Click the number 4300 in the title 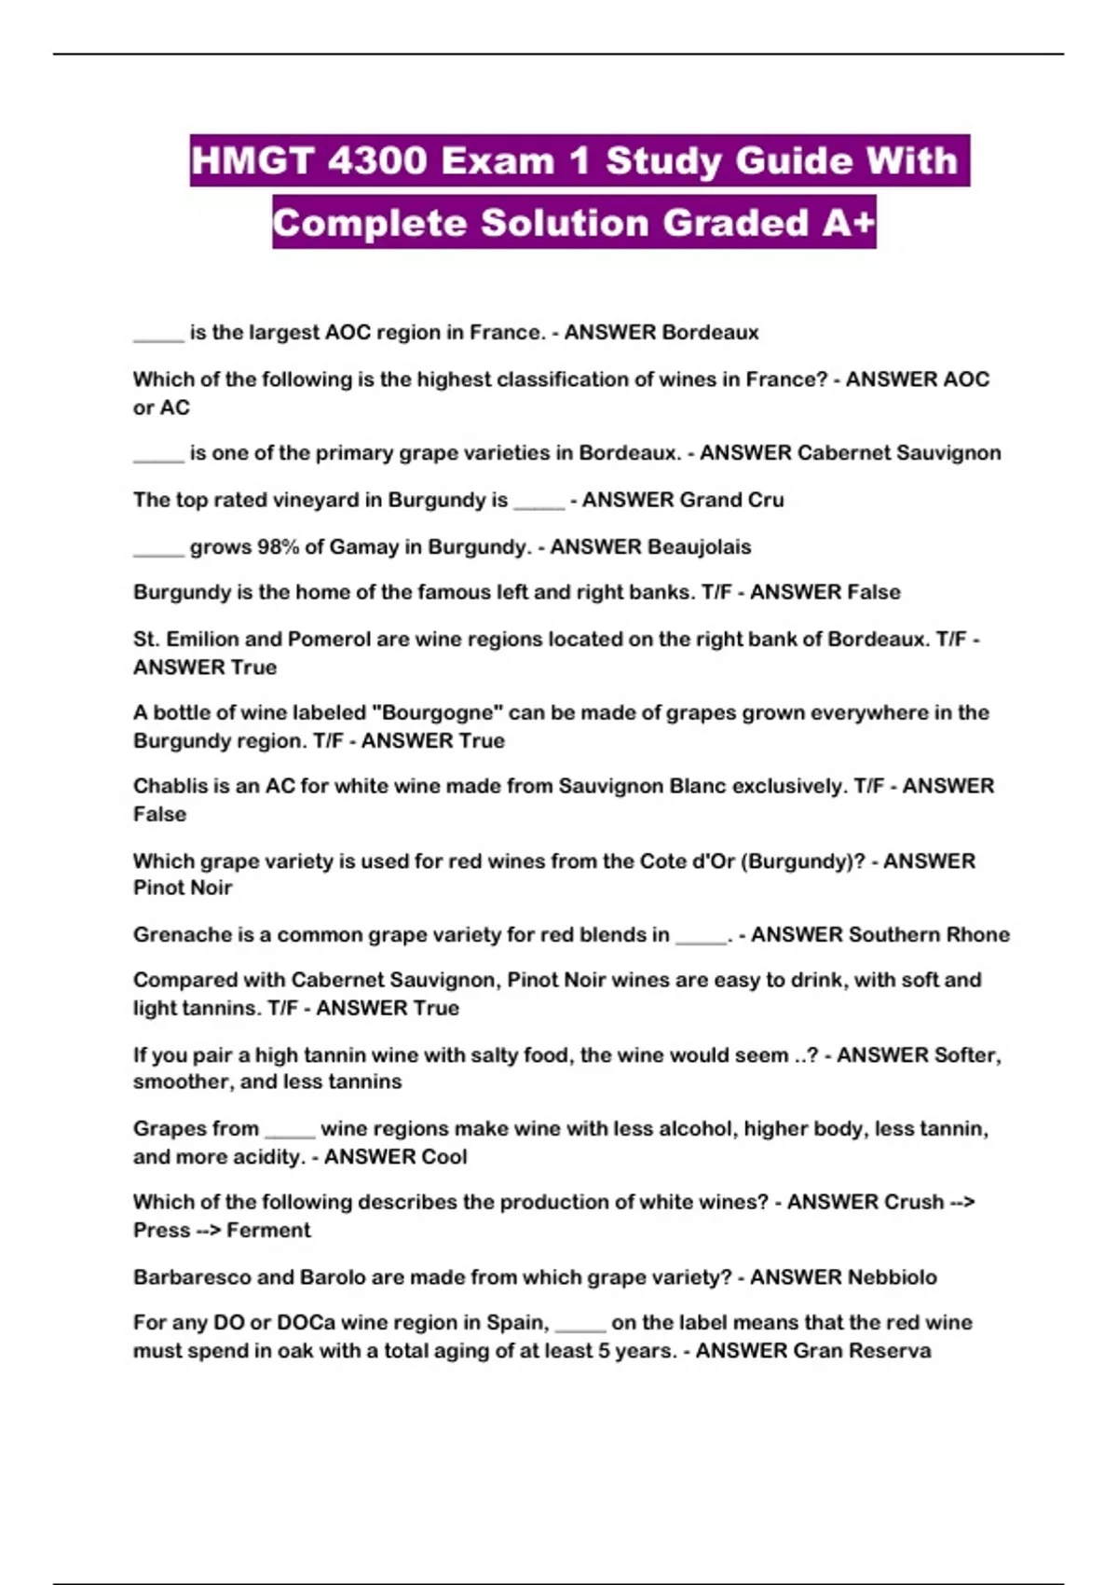pyautogui.click(x=377, y=161)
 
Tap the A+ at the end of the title pyautogui.click(x=848, y=223)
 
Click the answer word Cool pyautogui.click(x=445, y=1156)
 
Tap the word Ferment pyautogui.click(x=268, y=1230)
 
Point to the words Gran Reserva pyautogui.click(x=861, y=1350)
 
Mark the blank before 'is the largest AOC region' pyautogui.click(x=158, y=334)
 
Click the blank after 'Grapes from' pyautogui.click(x=290, y=1130)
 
